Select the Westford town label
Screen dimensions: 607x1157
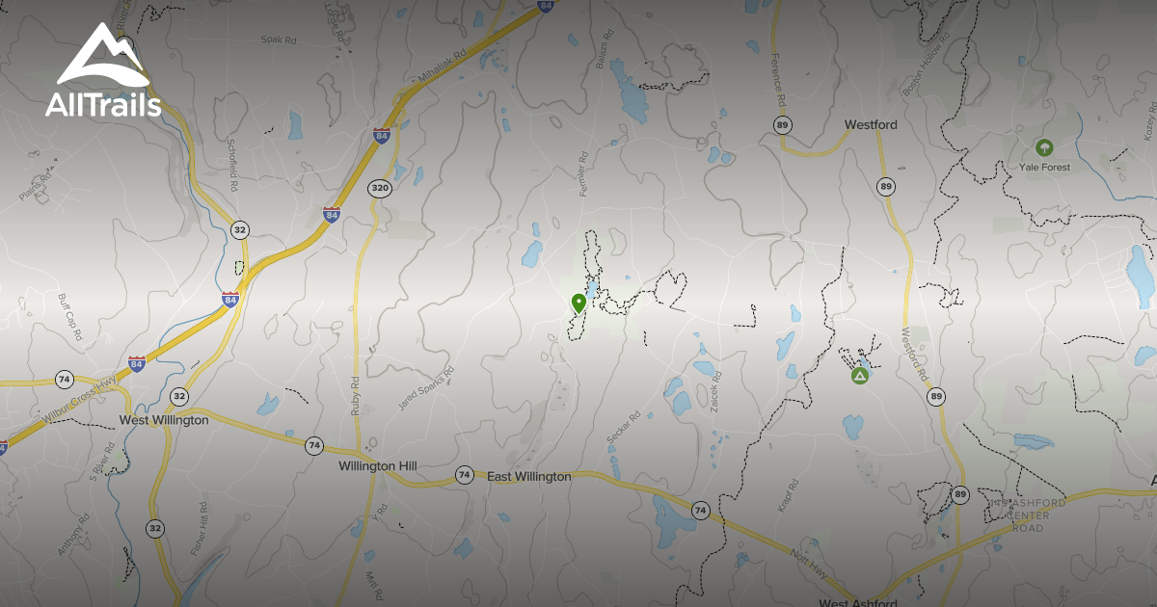click(871, 125)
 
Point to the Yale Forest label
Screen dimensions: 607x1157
click(1044, 167)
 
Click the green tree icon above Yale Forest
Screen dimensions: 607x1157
click(1042, 147)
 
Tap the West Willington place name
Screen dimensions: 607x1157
click(164, 420)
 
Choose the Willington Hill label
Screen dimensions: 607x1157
click(378, 465)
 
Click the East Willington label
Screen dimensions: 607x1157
click(528, 476)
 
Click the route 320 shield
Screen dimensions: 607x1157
click(380, 189)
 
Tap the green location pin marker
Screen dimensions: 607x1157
click(578, 303)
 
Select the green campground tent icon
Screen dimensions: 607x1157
click(859, 375)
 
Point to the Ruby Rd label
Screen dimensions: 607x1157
click(356, 395)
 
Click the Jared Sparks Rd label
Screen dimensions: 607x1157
click(425, 389)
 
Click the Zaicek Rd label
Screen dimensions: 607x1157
click(716, 390)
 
